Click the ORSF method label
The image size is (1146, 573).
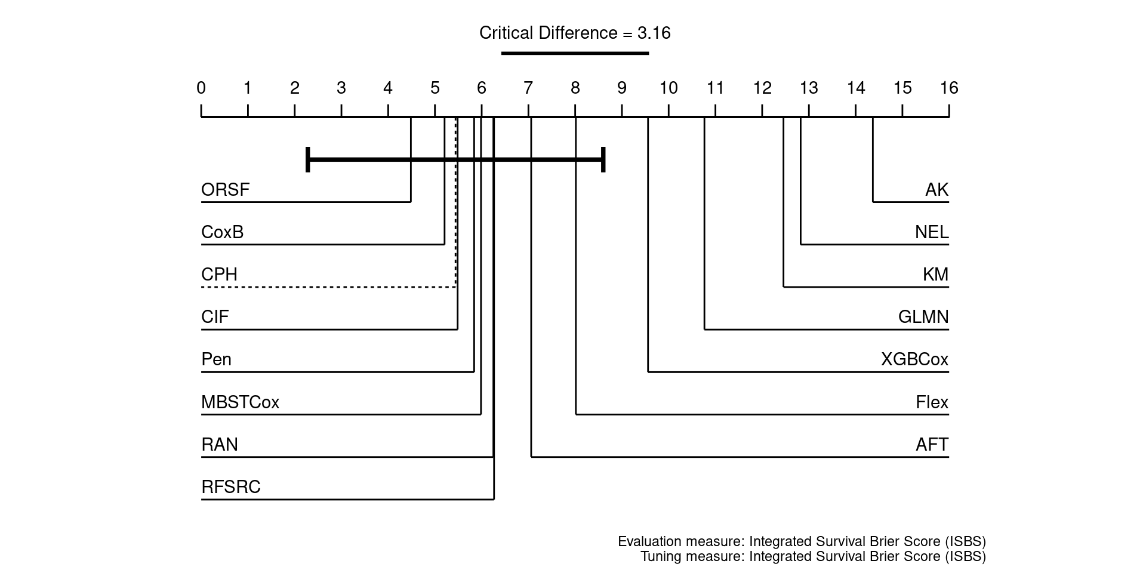pyautogui.click(x=225, y=190)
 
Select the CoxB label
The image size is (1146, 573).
pyautogui.click(x=222, y=232)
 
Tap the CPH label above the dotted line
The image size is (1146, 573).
pyautogui.click(x=219, y=275)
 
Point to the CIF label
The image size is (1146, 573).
pyautogui.click(x=215, y=317)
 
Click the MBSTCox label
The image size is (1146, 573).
pyautogui.click(x=240, y=402)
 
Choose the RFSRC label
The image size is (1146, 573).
pyautogui.click(x=231, y=487)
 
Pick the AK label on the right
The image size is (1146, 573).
pyautogui.click(x=936, y=190)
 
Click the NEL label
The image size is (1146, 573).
pyautogui.click(x=932, y=232)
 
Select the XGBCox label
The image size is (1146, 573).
pyautogui.click(x=914, y=359)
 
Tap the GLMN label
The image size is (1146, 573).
pyautogui.click(x=923, y=317)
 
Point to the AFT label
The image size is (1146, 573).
pyautogui.click(x=932, y=445)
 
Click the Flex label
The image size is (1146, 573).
pyautogui.click(x=932, y=402)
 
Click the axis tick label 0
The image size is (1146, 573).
pyautogui.click(x=201, y=88)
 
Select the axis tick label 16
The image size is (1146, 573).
pyautogui.click(x=948, y=88)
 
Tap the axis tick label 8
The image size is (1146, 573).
pyautogui.click(x=575, y=88)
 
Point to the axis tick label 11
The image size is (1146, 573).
pyautogui.click(x=715, y=88)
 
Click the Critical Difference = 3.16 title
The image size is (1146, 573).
pyautogui.click(x=575, y=33)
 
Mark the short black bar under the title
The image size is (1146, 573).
pyautogui.click(x=575, y=53)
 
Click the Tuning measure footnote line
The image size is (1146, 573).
pyautogui.click(x=813, y=557)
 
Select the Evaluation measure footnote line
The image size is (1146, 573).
pyautogui.click(x=802, y=542)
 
